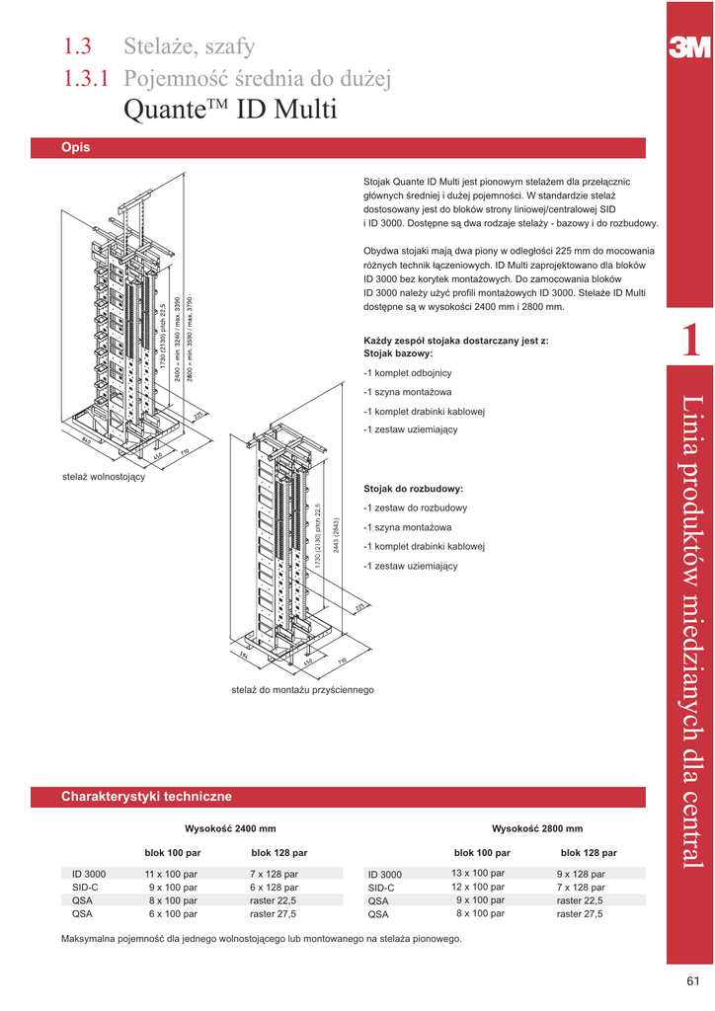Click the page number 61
click(692, 980)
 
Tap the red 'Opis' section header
click(76, 147)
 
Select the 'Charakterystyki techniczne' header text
click(146, 796)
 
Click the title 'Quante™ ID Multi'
click(231, 110)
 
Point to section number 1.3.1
click(86, 78)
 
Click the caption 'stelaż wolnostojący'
click(104, 477)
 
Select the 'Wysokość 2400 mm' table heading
click(230, 828)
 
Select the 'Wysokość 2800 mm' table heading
click(537, 828)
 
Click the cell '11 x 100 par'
click(171, 874)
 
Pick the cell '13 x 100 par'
click(478, 874)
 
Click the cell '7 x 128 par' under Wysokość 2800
click(581, 888)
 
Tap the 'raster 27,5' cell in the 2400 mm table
click(273, 914)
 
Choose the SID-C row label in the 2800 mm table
click(381, 888)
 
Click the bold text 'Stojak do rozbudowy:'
click(414, 489)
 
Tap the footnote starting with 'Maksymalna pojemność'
click(261, 939)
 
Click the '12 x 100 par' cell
click(478, 888)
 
